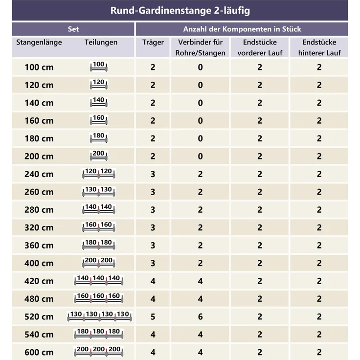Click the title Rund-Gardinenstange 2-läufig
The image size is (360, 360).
coord(180,11)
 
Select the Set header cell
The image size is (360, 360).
coord(73,29)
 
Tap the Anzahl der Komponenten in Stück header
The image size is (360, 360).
coord(242,29)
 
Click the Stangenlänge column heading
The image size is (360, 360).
coord(39,42)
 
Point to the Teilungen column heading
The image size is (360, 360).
coord(101,42)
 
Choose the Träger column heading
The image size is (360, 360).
coord(153,42)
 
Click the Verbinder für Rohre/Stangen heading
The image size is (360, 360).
coord(200,47)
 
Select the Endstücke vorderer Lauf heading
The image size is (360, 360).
coord(260,47)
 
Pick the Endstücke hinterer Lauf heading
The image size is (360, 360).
coord(319,47)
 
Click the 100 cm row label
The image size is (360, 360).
coord(39,67)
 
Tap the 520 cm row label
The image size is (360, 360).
coord(39,316)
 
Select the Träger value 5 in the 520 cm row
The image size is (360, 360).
coord(153,316)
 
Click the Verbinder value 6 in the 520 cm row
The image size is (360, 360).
coord(200,316)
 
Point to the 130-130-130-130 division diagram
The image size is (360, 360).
coord(99,316)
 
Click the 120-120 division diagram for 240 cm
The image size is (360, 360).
coord(98,173)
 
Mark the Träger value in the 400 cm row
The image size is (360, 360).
coord(153,263)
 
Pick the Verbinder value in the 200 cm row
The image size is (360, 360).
coord(200,157)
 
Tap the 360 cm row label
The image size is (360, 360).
coord(39,246)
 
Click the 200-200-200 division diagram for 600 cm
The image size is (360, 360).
coord(98,352)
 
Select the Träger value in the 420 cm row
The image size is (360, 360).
coord(153,281)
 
